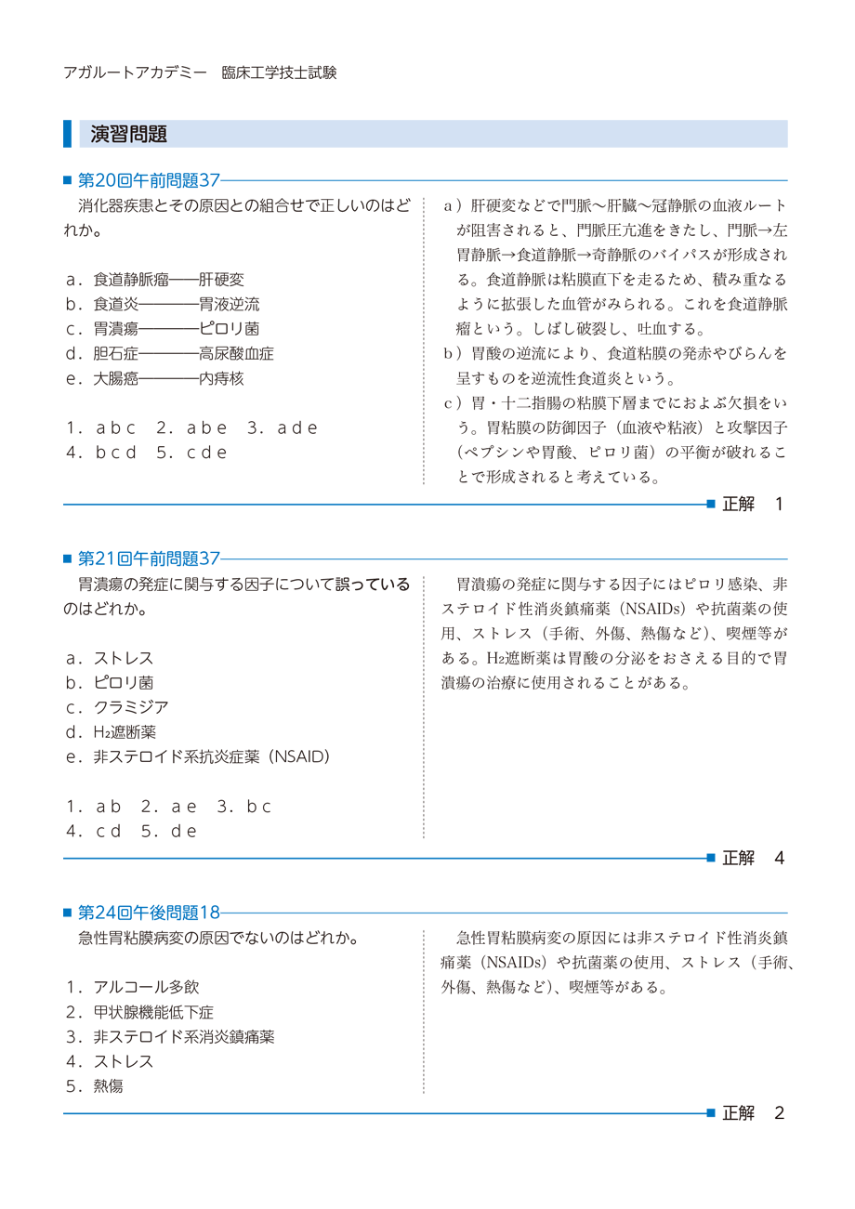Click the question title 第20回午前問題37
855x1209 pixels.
point(149,180)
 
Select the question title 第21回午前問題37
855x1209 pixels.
point(149,559)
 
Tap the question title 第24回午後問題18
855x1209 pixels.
point(149,913)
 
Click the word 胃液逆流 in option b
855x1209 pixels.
point(229,304)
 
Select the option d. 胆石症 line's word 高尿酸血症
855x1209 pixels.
point(236,354)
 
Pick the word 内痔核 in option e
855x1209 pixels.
point(221,379)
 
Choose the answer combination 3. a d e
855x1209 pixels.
point(283,428)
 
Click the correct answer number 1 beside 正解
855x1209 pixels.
point(779,504)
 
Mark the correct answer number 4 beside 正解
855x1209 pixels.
point(779,858)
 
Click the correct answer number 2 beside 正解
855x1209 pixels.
point(779,1112)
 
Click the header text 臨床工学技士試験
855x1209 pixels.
point(279,72)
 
